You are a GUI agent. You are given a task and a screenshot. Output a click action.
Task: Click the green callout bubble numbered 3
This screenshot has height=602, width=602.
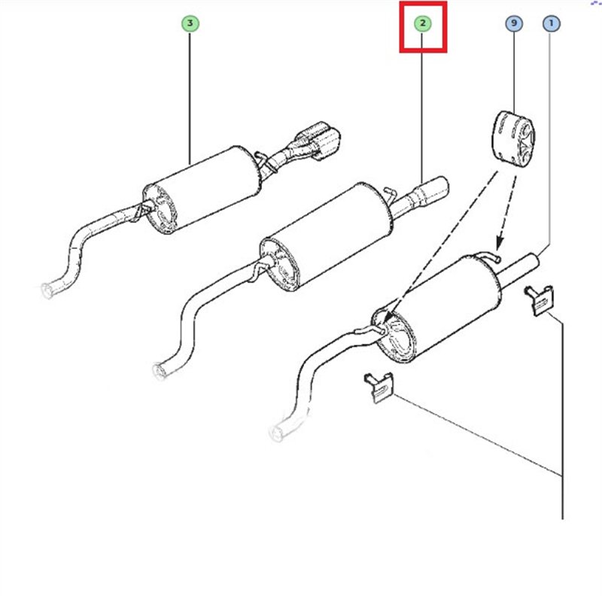coord(190,23)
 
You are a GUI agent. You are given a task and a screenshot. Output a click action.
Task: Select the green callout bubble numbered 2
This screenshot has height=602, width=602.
coord(423,23)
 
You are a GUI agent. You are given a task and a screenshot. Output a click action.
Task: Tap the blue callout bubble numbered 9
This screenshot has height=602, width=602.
coord(514,23)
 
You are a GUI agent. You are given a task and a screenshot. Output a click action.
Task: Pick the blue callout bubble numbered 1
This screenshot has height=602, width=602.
coord(551,23)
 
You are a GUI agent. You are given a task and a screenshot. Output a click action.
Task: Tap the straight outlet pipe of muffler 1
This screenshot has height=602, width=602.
coord(518,270)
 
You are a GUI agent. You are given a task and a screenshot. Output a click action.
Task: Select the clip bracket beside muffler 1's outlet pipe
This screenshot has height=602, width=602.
coord(540,300)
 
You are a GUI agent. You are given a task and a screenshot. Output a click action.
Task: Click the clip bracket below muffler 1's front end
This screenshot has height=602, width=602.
coord(379,388)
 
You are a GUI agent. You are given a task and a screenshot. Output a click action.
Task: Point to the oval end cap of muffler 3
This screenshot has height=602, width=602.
coord(160,209)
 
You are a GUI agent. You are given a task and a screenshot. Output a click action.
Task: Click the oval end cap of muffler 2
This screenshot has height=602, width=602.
coord(279,265)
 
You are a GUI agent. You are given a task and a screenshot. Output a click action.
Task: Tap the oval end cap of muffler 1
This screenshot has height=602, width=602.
coord(394,335)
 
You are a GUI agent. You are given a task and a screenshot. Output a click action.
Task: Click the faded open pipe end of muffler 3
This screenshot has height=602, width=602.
coord(47,290)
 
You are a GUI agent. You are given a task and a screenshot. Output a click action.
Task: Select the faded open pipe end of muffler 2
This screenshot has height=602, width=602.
coord(159,371)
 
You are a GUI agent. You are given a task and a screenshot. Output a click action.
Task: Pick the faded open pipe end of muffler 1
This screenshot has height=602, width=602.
coord(276,433)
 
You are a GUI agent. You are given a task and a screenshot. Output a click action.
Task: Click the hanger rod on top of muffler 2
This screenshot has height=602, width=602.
coord(389,193)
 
